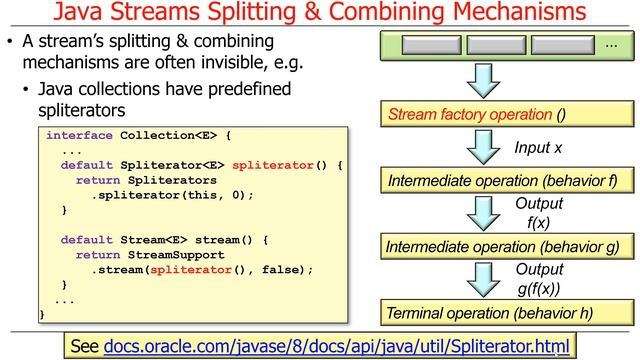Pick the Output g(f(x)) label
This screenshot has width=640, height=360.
click(539, 279)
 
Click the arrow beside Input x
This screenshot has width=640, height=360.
click(483, 148)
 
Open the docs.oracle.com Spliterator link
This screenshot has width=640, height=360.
click(336, 346)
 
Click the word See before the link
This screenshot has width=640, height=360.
click(84, 346)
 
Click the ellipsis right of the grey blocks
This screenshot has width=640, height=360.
click(611, 45)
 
